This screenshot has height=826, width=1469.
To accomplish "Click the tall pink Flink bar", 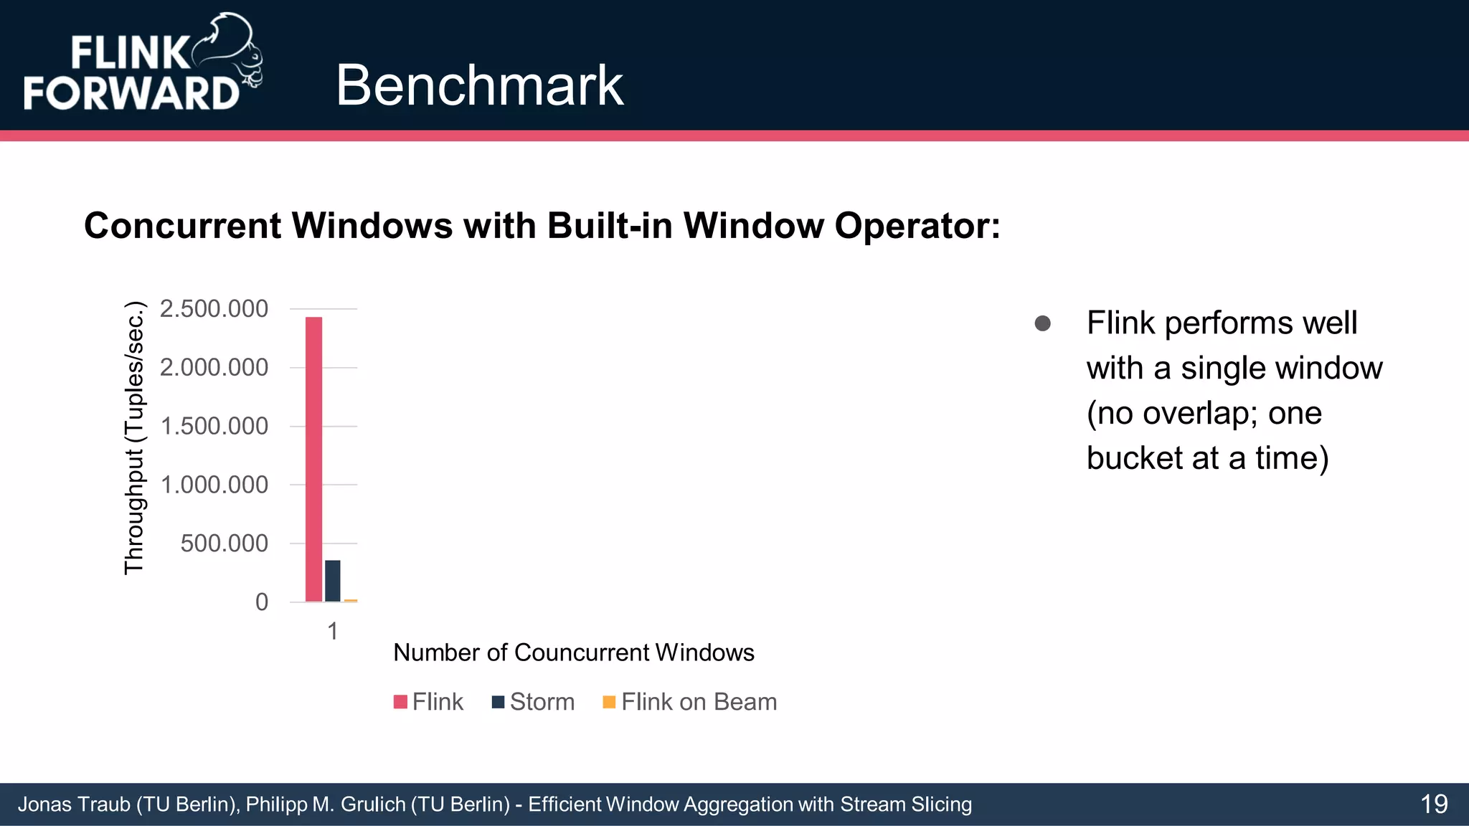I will (313, 459).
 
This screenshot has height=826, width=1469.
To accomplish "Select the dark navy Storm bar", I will (333, 581).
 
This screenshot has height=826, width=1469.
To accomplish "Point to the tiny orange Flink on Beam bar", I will (351, 600).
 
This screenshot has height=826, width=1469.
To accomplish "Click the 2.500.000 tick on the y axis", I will (214, 309).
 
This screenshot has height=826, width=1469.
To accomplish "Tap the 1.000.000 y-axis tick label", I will (214, 485).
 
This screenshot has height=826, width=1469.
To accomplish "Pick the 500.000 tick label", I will (224, 543).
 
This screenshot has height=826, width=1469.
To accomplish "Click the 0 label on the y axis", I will (262, 602).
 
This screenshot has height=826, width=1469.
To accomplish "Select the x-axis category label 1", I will (332, 631).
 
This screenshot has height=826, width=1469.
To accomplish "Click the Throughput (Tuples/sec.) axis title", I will (134, 437).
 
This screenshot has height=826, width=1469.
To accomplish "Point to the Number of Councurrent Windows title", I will (574, 652).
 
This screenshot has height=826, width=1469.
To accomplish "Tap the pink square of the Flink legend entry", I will (400, 701).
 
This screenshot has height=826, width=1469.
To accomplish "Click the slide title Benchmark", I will (479, 85).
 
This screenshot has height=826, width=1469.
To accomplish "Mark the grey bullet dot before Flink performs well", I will (1043, 323).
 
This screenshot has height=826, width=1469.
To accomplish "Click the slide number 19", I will (1434, 804).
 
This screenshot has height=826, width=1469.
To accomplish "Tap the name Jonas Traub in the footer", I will (73, 804).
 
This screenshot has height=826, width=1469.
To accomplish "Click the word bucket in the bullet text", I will (1134, 457).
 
